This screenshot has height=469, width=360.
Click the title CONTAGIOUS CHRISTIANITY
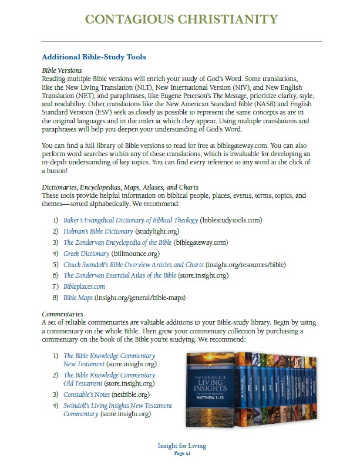[180, 20]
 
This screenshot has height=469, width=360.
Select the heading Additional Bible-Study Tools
[94, 57]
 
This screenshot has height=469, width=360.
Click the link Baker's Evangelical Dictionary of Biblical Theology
[130, 221]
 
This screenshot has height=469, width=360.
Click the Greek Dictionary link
[86, 254]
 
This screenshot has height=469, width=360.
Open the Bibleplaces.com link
[85, 286]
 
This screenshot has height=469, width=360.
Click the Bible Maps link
[77, 298]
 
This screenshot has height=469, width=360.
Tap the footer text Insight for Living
[182, 446]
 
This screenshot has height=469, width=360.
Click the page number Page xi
[182, 454]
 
